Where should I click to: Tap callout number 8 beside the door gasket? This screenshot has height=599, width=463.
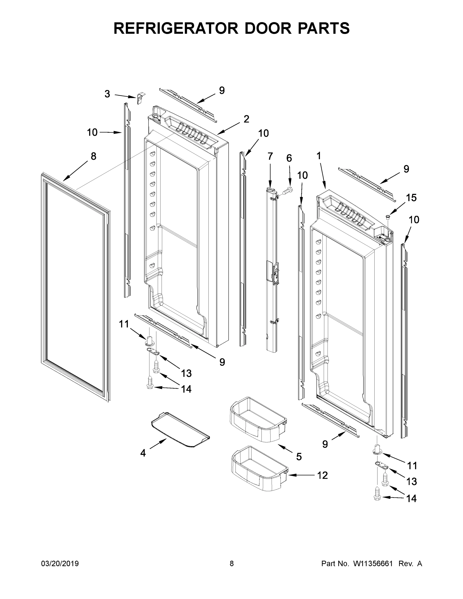(x=94, y=156)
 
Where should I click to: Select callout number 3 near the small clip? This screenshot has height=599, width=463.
(x=107, y=94)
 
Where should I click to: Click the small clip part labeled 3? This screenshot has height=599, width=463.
(x=141, y=98)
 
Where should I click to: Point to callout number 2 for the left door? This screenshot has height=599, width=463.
(x=246, y=119)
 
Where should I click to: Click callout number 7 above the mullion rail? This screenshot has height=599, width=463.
(x=270, y=156)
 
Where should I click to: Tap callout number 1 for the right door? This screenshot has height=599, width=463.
(x=318, y=156)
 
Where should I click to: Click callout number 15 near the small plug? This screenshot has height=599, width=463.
(x=411, y=197)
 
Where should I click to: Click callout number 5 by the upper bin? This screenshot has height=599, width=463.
(x=299, y=457)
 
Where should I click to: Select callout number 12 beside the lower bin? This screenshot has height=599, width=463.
(x=322, y=475)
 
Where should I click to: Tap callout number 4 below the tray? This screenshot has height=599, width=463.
(x=143, y=453)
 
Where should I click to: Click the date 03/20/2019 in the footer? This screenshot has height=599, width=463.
(x=60, y=564)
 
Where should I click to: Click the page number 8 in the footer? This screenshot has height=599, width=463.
(x=232, y=564)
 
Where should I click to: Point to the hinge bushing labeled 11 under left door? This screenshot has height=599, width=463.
(x=150, y=340)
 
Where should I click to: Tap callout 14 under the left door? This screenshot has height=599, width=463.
(x=186, y=389)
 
